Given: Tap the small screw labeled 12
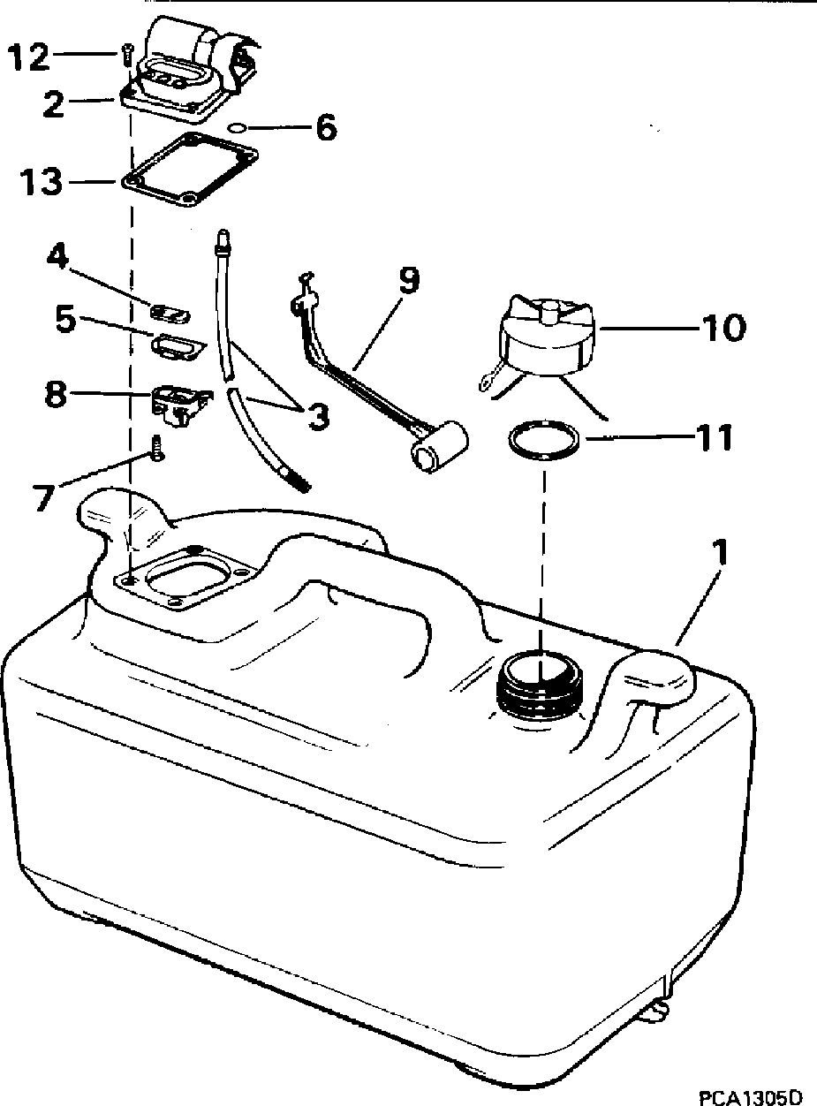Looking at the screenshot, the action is point(126,56).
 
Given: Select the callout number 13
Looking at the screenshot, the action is point(41,184).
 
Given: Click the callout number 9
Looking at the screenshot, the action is point(408,281).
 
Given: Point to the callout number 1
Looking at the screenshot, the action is point(722,555).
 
